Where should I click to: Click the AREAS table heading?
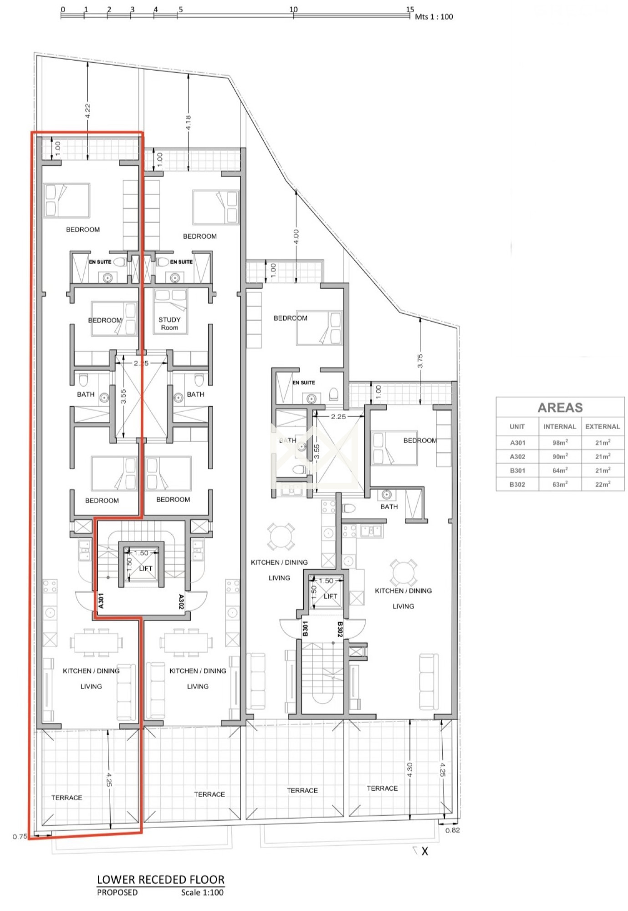560,407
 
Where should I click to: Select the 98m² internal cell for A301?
560,442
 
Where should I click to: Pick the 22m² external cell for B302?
602,484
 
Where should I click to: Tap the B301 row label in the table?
517,471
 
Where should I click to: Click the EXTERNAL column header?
602,427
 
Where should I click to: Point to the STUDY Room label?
169,323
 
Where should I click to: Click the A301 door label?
101,600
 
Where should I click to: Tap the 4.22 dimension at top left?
88,111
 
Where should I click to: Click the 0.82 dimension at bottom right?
453,830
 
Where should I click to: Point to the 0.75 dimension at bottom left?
20,836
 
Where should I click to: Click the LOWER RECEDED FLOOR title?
161,880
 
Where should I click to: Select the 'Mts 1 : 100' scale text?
434,17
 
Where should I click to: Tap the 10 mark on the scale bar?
293,9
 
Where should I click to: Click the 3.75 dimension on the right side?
420,361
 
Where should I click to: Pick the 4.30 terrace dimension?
409,770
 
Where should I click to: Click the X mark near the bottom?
424,851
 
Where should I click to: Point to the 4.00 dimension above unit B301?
296,236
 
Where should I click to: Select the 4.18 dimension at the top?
188,122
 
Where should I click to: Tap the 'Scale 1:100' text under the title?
202,893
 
